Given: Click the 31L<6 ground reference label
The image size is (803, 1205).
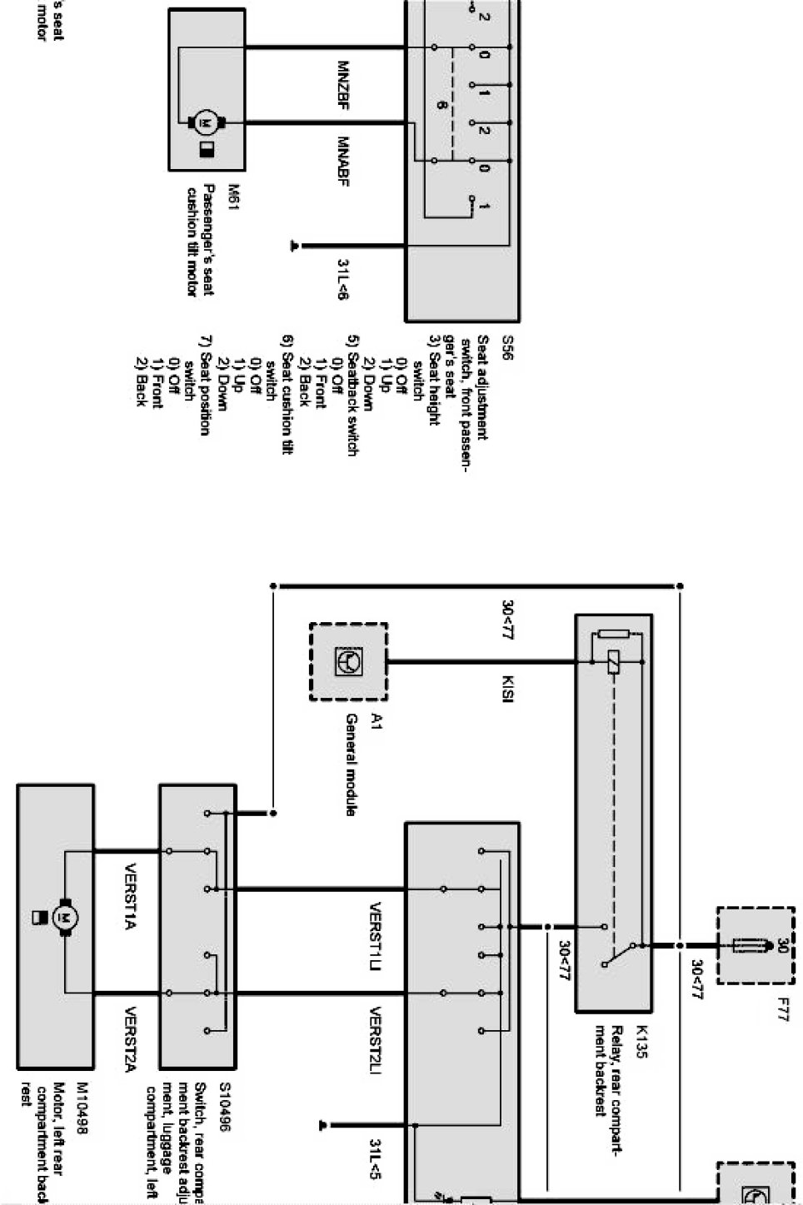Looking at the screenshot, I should coord(342,279).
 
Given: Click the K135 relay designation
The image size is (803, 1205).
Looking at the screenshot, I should coord(641,1047).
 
